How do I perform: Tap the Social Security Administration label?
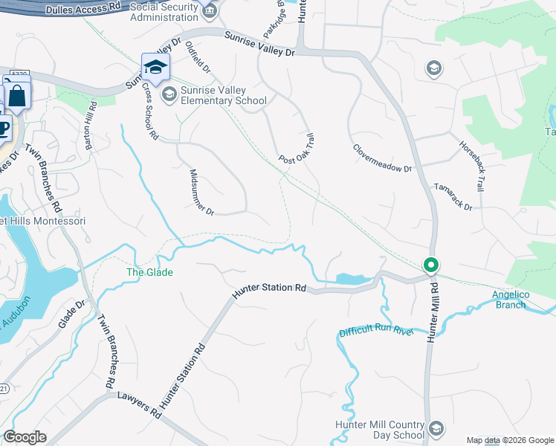164,12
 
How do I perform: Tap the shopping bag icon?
17,96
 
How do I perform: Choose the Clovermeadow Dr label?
382,158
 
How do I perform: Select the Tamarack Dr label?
453,197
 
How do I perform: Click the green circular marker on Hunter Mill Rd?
430,265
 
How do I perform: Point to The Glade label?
149,273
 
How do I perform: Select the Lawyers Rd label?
139,404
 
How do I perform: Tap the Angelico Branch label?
510,300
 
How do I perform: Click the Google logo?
24,437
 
